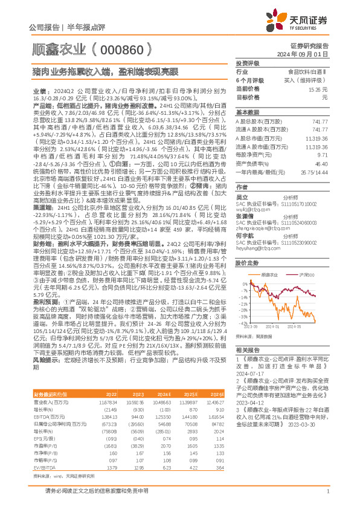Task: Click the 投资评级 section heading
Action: click(247, 63)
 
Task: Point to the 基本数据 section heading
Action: click(247, 112)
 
